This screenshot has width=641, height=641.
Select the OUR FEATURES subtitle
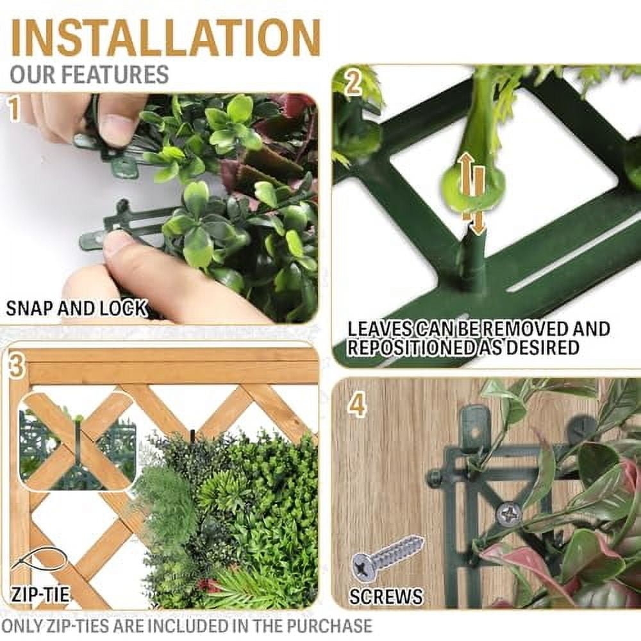89,74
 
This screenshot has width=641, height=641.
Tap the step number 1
14,109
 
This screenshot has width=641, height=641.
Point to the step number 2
353,83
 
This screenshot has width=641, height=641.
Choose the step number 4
356,405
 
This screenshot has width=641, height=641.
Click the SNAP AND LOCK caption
76,308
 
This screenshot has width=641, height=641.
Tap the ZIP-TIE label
39,594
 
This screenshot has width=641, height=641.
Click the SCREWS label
386,597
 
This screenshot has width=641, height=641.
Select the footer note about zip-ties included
187,626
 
